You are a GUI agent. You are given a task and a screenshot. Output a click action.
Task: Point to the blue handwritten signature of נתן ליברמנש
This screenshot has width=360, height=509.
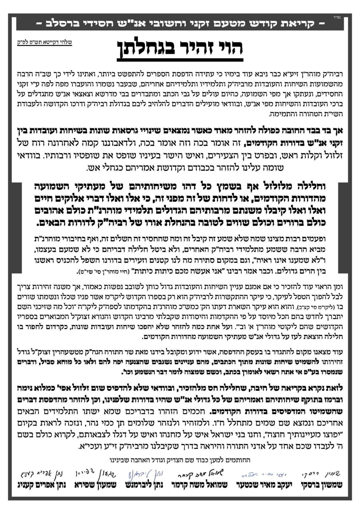click(147, 473)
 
